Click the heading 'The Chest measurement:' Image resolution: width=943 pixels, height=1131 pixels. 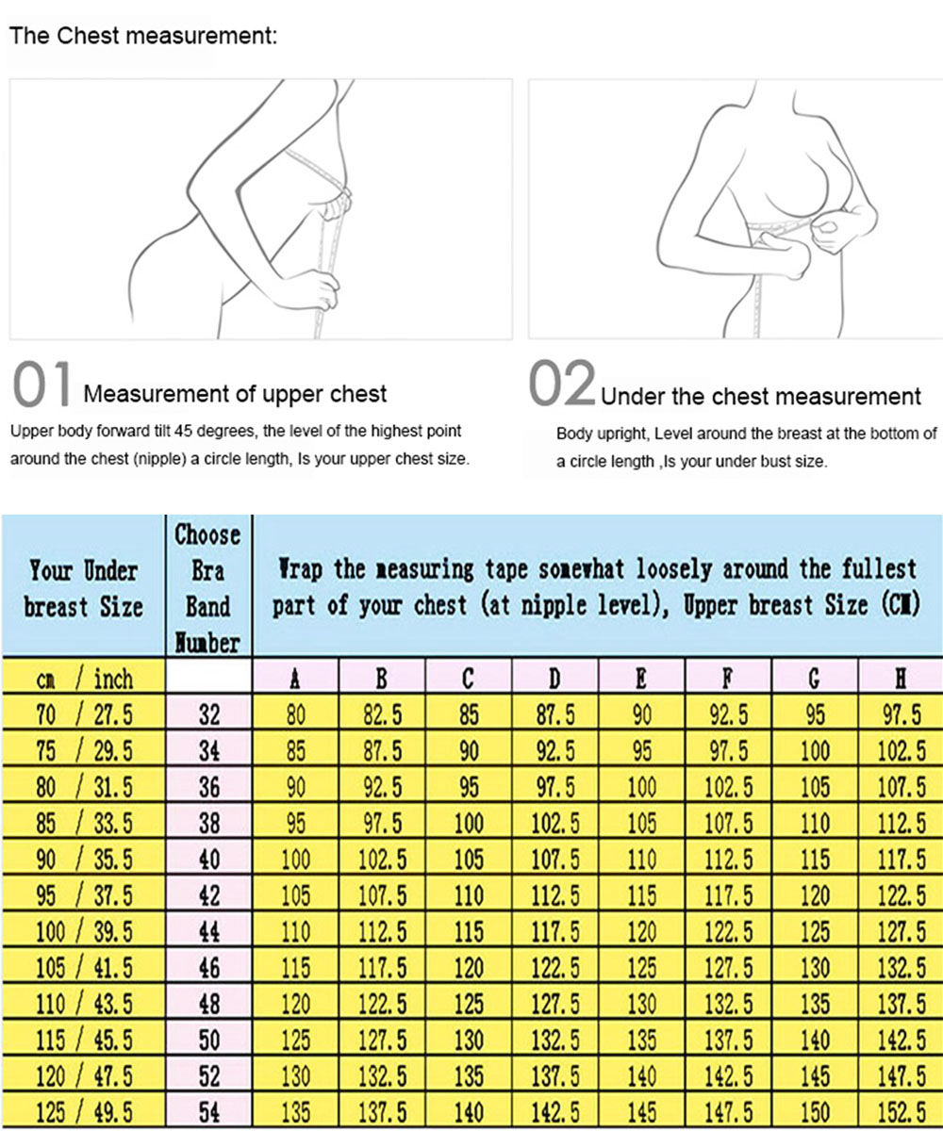[x=143, y=37]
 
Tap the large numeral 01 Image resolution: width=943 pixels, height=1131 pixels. [x=42, y=387]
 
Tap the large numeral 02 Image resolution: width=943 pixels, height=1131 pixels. [x=562, y=387]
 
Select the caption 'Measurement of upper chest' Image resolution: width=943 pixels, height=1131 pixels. [x=235, y=394]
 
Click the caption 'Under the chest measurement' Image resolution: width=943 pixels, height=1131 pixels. [x=760, y=397]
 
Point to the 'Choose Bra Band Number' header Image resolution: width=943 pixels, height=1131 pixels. [x=208, y=588]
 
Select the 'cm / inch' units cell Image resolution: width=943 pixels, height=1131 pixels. [x=84, y=678]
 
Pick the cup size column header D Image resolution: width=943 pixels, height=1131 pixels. [x=555, y=678]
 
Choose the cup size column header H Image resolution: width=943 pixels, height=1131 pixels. [x=901, y=678]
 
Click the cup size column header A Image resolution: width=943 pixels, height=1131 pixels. [x=296, y=678]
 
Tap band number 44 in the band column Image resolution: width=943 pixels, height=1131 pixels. [x=209, y=933]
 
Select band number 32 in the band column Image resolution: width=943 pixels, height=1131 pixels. [x=209, y=715]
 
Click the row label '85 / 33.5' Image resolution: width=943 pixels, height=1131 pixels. [x=84, y=824]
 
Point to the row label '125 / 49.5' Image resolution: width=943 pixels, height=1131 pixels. [x=84, y=1113]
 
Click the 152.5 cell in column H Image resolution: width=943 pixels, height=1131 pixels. [x=902, y=1113]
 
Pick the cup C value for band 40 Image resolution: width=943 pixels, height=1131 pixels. [x=469, y=861]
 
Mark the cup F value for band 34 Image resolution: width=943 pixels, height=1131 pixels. [x=728, y=752]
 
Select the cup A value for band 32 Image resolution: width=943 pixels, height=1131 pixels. [x=296, y=715]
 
